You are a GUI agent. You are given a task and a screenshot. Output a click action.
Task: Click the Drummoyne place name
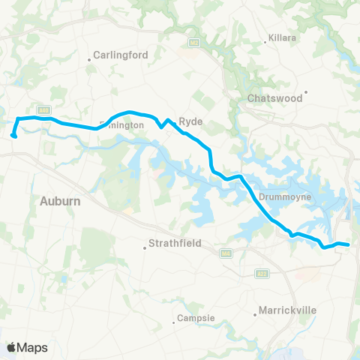[x=280, y=197]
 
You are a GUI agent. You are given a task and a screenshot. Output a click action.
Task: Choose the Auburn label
[x=60, y=201]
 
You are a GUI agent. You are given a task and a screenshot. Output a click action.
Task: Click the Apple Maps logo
[x=27, y=347]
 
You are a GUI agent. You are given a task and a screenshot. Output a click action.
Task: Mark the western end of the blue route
[x=14, y=136]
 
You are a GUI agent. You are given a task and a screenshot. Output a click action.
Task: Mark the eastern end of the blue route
[x=348, y=244]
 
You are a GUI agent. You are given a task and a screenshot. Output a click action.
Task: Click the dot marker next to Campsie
[x=177, y=318]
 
